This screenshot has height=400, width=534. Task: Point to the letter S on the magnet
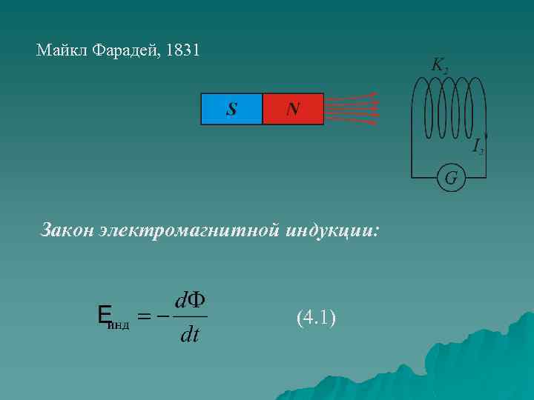tap(231, 110)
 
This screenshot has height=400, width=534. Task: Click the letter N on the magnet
tap(293, 110)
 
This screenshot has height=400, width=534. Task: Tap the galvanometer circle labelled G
tap(450, 178)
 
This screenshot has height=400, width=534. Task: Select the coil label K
tap(439, 65)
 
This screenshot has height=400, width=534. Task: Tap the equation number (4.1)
tap(316, 319)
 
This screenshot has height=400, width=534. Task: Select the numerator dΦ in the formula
tap(189, 301)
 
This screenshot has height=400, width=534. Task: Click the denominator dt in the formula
tap(189, 336)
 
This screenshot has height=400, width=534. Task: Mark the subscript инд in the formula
tap(119, 324)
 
